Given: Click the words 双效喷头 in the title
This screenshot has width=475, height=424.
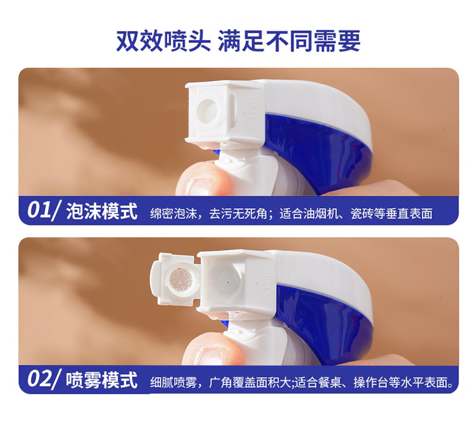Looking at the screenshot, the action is click(163, 41).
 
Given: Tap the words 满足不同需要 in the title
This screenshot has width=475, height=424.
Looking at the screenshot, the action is click(289, 41).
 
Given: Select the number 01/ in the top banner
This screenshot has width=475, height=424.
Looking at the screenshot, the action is click(44, 210).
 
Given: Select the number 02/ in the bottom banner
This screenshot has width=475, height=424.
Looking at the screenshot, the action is click(44, 379).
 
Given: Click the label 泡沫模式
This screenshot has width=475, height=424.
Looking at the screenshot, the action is click(102, 211).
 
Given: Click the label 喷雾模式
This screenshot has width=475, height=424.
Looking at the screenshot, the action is click(102, 380).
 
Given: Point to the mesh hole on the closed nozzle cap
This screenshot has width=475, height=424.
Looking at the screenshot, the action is click(208, 109).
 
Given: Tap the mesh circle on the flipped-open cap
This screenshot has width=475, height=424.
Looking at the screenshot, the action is click(181, 278).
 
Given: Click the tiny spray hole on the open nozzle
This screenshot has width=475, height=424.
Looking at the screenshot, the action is click(228, 282).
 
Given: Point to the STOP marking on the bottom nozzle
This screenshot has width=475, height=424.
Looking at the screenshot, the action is click(267, 283).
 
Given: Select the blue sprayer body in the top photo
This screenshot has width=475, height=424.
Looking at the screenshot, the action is click(318, 151).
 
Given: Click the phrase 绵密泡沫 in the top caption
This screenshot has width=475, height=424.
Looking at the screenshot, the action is click(174, 213).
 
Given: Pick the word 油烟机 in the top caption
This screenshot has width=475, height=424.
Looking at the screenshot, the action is click(327, 213).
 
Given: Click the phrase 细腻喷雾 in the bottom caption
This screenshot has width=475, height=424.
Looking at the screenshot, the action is click(174, 382).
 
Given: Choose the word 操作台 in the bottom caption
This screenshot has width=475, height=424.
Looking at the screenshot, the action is click(370, 382).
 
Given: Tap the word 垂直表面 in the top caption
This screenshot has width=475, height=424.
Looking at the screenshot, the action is click(409, 213).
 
